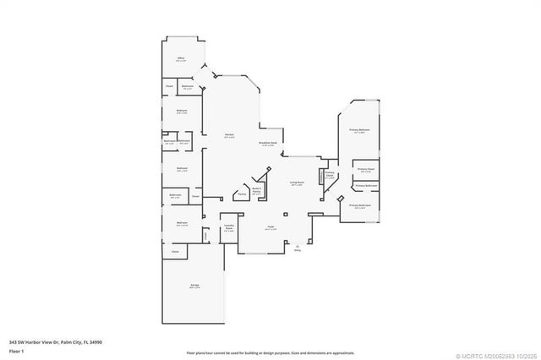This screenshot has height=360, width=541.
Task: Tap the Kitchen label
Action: point(229,136)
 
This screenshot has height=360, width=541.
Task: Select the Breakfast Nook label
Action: point(270,144)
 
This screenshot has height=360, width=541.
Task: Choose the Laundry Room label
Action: point(228,226)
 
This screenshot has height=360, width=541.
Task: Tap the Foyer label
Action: point(270,227)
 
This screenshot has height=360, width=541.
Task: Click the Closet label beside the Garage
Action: point(175,252)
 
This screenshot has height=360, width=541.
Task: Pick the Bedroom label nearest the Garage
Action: point(182,225)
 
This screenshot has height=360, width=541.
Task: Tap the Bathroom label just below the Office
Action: point(188,86)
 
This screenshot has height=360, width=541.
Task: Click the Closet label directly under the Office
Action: point(169,86)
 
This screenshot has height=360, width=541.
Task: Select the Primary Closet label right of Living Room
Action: point(330,176)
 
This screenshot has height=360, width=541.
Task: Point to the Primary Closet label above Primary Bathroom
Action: point(365,169)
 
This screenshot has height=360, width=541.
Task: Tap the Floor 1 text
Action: point(16,349)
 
